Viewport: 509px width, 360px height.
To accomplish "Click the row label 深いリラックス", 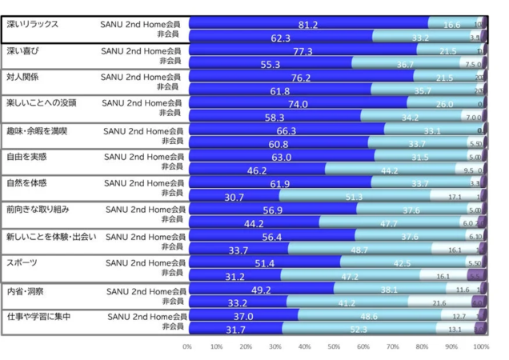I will click(x=33, y=25).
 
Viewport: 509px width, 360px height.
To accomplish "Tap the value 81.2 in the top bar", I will click(x=308, y=26).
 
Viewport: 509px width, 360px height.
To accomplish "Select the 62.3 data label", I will click(x=280, y=38).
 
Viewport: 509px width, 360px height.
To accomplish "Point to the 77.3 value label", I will click(x=303, y=51).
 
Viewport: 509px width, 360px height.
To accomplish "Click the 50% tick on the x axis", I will click(x=335, y=346).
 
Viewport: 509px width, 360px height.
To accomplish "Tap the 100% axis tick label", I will click(x=481, y=346).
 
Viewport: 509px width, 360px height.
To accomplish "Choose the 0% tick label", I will click(x=187, y=346).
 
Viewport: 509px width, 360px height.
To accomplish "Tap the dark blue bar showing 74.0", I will click(x=298, y=104).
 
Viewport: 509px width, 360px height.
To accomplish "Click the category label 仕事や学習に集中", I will click(x=37, y=317).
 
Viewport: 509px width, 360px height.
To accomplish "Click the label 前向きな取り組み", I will click(x=37, y=209).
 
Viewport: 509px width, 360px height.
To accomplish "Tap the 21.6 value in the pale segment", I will click(x=439, y=303).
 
